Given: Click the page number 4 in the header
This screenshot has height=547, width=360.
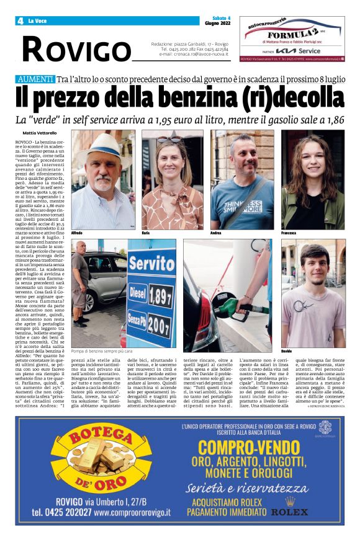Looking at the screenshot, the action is (20, 20).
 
